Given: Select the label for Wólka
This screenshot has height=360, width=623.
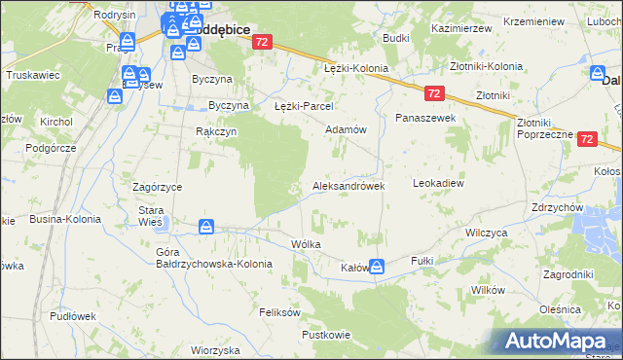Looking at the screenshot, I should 306,244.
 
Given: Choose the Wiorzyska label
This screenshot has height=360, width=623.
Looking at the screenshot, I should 215,349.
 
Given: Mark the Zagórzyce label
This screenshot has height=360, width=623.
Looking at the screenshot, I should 159,185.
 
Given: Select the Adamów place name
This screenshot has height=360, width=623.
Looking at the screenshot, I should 345,129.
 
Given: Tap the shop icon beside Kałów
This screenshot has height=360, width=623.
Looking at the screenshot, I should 377,266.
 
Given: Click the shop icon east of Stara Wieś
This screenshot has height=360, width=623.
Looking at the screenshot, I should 206,227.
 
